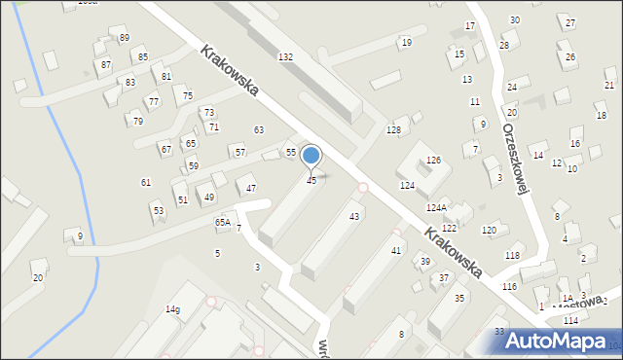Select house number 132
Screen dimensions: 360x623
[x=285, y=57]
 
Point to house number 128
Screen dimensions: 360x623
[x=393, y=130]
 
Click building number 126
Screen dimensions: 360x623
[x=433, y=160]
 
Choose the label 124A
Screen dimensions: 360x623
[x=436, y=208]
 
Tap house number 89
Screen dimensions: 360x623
[x=124, y=38]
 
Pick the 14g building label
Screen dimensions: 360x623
[x=172, y=309]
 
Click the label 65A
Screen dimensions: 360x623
[x=222, y=223]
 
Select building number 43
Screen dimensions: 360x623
[x=354, y=216]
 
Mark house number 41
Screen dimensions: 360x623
[x=396, y=251]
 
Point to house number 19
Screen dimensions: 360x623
[x=406, y=43]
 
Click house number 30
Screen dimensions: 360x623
[x=514, y=20]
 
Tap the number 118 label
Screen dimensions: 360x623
[x=512, y=255]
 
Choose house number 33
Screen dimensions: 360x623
[x=499, y=332]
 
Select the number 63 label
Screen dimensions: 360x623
[x=259, y=130]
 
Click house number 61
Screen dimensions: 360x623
[x=146, y=183]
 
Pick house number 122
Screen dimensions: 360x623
[x=449, y=228]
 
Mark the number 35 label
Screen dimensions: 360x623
[x=459, y=299]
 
